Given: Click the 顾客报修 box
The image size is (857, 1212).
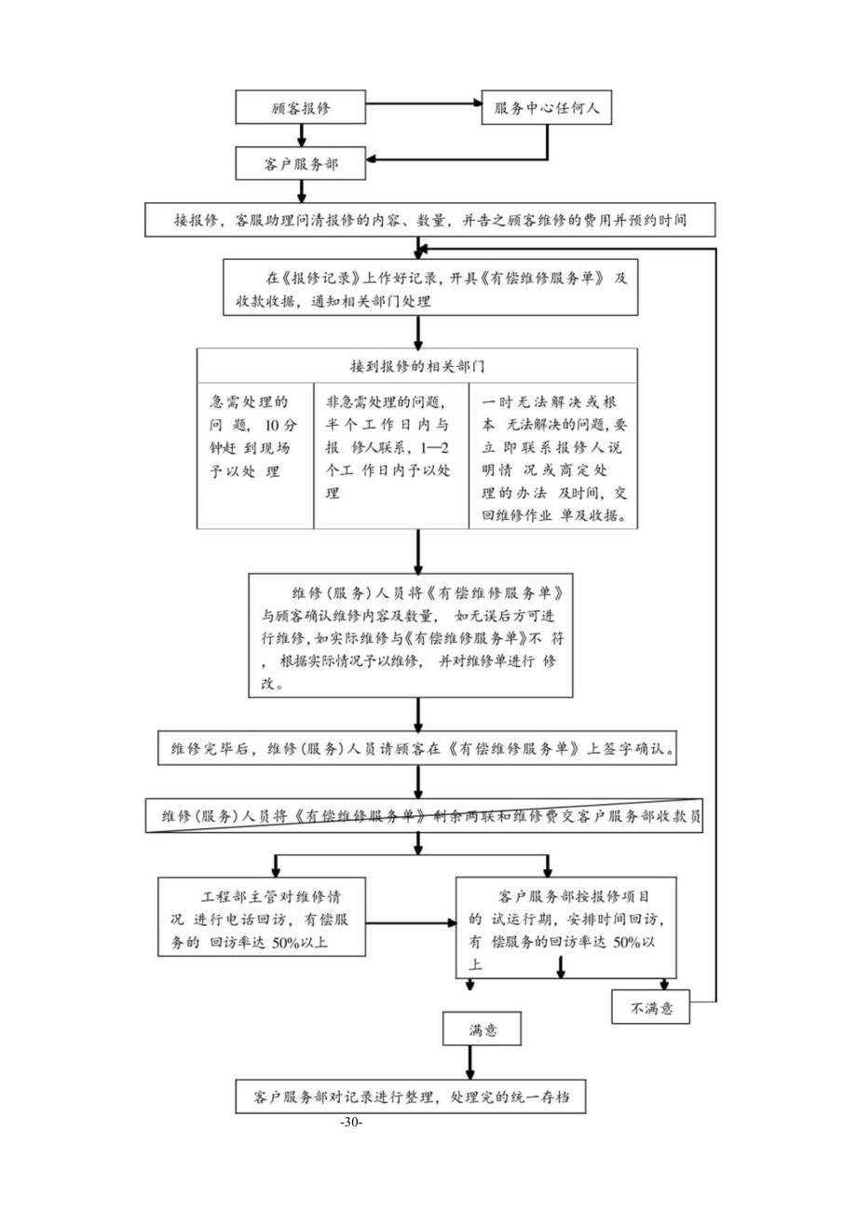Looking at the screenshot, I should click(x=301, y=108).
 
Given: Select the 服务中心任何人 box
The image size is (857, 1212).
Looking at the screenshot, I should click(x=547, y=108).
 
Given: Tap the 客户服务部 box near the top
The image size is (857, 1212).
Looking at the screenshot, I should click(x=301, y=165).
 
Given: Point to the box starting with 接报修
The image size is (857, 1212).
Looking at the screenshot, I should click(x=429, y=222).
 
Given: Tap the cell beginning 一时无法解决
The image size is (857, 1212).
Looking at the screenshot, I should click(x=553, y=456).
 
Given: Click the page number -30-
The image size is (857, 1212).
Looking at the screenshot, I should click(x=351, y=1123).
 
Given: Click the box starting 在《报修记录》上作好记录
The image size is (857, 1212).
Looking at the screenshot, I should click(x=431, y=289).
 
